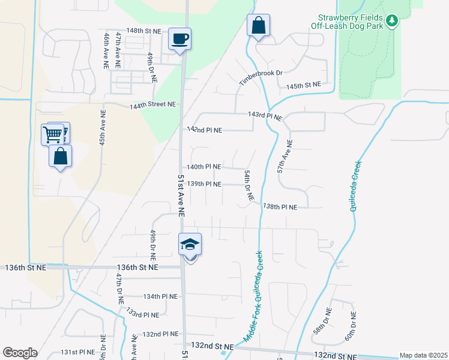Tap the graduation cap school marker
pyautogui.click(x=190, y=245)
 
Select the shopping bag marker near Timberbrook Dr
pyautogui.click(x=258, y=26)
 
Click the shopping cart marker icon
pyautogui.click(x=53, y=134)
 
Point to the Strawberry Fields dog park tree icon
pyautogui.click(x=392, y=21)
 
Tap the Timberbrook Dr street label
pyautogui.click(x=261, y=77)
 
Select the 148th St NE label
pyautogui.click(x=144, y=31)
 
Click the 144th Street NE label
pyautogui.click(x=154, y=104)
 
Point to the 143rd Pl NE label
pyautogui.click(x=265, y=115)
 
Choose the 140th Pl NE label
pyautogui.click(x=204, y=167)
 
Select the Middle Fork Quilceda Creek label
pyautogui.click(x=255, y=296)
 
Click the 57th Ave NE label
pyautogui.click(x=285, y=157)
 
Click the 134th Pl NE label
pyautogui.click(x=160, y=296)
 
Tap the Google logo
pyautogui.click(x=20, y=353)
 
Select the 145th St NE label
pyautogui.click(x=303, y=86)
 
